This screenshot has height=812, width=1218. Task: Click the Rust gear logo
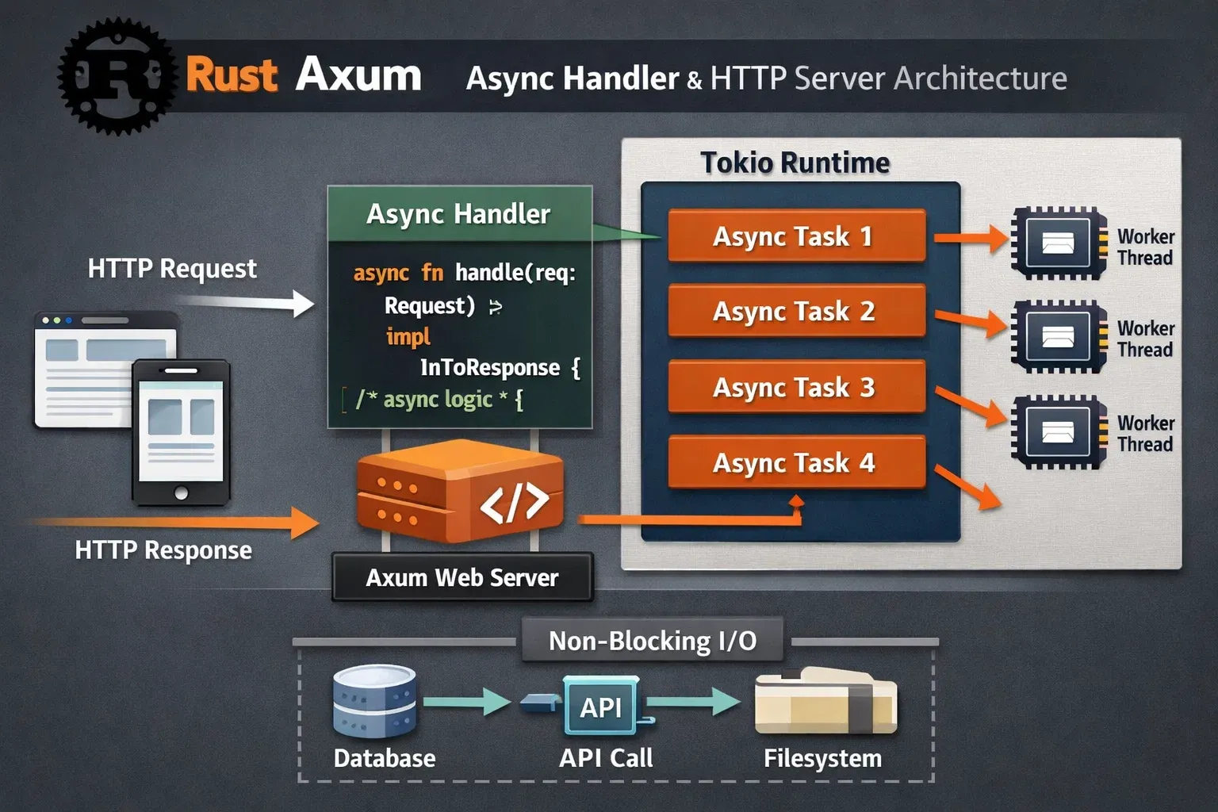(x=117, y=76)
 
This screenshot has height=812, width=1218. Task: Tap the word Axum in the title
(x=358, y=75)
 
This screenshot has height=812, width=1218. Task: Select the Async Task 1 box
(x=796, y=236)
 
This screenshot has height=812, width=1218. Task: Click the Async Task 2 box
(x=796, y=311)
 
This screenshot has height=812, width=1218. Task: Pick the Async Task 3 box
(x=796, y=387)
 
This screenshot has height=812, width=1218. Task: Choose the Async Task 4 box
(x=796, y=462)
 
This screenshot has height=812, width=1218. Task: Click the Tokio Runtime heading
(x=795, y=163)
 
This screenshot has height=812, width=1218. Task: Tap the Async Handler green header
(x=459, y=214)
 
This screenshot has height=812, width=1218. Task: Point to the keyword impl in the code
(x=408, y=337)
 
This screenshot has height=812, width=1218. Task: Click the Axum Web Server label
(x=462, y=577)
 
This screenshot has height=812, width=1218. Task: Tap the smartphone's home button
(x=181, y=493)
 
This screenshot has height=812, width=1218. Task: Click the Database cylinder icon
(x=374, y=702)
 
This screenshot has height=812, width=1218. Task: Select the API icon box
(x=600, y=707)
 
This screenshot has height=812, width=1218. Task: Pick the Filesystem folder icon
(x=825, y=703)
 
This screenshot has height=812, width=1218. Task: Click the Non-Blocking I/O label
(x=652, y=641)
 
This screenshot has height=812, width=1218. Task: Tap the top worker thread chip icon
(x=1058, y=243)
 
